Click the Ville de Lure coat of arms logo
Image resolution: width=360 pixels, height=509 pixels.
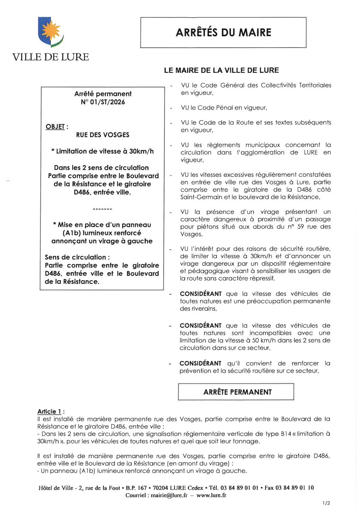pos(50,32)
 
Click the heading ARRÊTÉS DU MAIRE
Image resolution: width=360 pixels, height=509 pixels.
pos(223,33)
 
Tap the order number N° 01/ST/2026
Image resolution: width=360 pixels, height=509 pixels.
pos(103,102)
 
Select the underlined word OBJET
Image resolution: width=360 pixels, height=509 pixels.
pos(55,127)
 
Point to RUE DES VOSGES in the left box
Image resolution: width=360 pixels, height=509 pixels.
pos(103,135)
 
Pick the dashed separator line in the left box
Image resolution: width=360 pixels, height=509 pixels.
pos(102,209)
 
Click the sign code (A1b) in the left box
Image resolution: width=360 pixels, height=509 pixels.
pos(71,233)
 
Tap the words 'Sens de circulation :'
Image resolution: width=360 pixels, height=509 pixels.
pos(77,257)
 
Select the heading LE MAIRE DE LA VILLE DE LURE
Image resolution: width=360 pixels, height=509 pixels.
pos(221,70)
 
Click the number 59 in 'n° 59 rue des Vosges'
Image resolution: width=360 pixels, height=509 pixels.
pos(301,227)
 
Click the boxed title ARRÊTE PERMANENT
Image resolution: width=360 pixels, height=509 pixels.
pos(237,392)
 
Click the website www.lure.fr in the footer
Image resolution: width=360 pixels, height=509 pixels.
pos(211,495)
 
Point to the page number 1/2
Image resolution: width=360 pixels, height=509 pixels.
pos(326,503)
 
